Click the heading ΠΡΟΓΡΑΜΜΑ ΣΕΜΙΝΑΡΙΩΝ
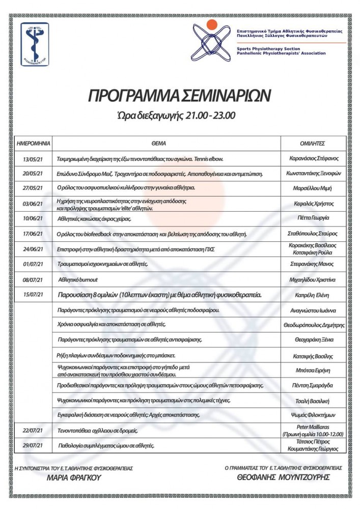tap(180, 95)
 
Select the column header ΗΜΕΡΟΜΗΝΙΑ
tap(32, 144)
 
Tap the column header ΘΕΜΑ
tap(166, 144)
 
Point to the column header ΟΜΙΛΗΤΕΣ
tap(313, 144)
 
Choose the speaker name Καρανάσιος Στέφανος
tap(313, 158)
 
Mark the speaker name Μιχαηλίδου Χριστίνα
tap(313, 279)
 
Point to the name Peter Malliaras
tap(313, 427)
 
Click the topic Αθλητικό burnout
tap(78, 279)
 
